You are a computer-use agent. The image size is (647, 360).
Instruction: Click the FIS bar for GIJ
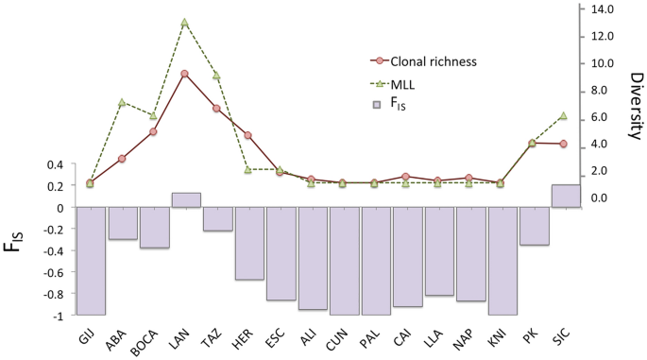[91, 261]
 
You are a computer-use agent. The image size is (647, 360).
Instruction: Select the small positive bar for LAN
[185, 199]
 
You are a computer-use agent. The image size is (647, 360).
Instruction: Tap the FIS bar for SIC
[565, 196]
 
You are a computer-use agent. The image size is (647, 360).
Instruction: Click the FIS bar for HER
[248, 243]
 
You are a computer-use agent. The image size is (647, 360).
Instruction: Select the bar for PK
[534, 226]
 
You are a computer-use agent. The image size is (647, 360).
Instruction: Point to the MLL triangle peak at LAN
[184, 22]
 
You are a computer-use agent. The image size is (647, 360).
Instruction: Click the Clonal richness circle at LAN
[184, 74]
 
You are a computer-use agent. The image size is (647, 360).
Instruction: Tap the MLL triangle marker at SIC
[564, 115]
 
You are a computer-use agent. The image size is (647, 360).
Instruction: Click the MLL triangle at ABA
[122, 102]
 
